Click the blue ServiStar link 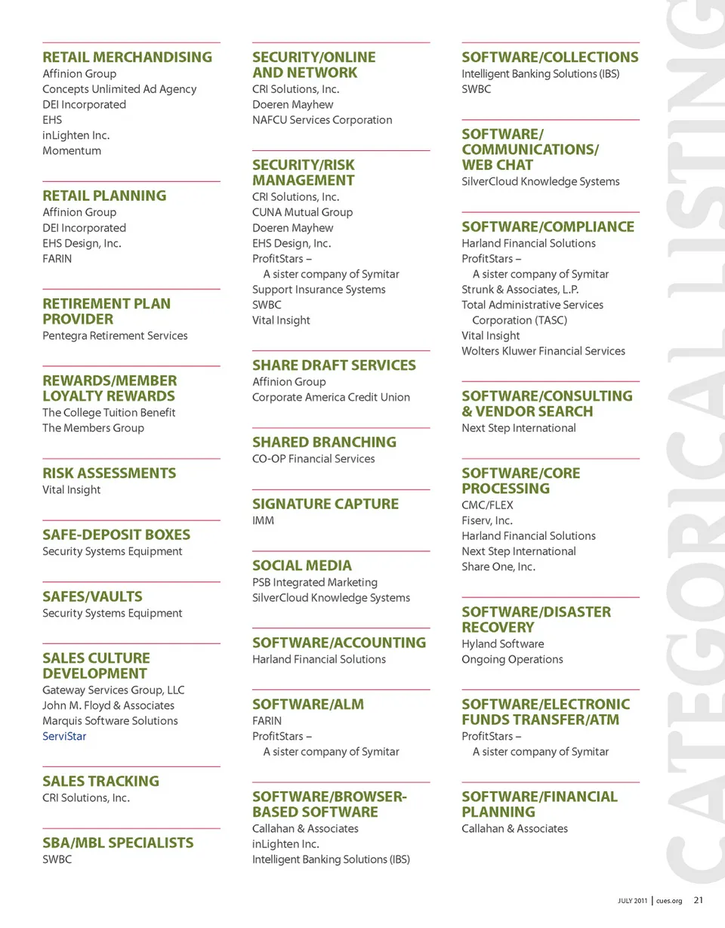point(64,736)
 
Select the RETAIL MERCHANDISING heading point(127,57)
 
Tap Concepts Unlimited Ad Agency point(119,89)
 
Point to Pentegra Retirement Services point(115,336)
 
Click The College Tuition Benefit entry point(109,413)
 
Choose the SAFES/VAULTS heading point(92,597)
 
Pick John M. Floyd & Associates point(108,705)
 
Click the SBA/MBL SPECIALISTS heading point(118,843)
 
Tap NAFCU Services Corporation point(322,120)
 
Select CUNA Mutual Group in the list point(302,212)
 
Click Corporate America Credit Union point(331,397)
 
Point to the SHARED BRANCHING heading point(324,442)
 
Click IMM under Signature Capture point(263,521)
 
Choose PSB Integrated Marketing point(315,582)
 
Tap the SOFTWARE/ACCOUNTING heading point(339,643)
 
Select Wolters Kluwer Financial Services point(543,351)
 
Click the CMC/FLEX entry point(487,505)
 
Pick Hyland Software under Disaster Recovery point(502,644)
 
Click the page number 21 point(698,900)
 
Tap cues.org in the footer point(669,901)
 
